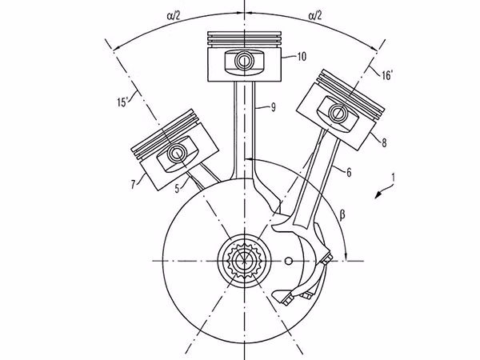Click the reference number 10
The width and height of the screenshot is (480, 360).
[x=302, y=57]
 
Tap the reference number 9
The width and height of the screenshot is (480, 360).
[x=273, y=107]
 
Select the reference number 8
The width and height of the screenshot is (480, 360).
[x=384, y=142]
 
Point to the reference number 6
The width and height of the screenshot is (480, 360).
[x=349, y=173]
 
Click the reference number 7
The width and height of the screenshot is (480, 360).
[x=133, y=185]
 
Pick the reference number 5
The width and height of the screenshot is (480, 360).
[x=178, y=188]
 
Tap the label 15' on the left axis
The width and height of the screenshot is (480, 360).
[x=122, y=102]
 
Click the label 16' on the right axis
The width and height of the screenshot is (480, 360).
[x=386, y=75]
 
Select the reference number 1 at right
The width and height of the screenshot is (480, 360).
[x=393, y=178]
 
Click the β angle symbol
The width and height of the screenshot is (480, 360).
[x=342, y=215]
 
